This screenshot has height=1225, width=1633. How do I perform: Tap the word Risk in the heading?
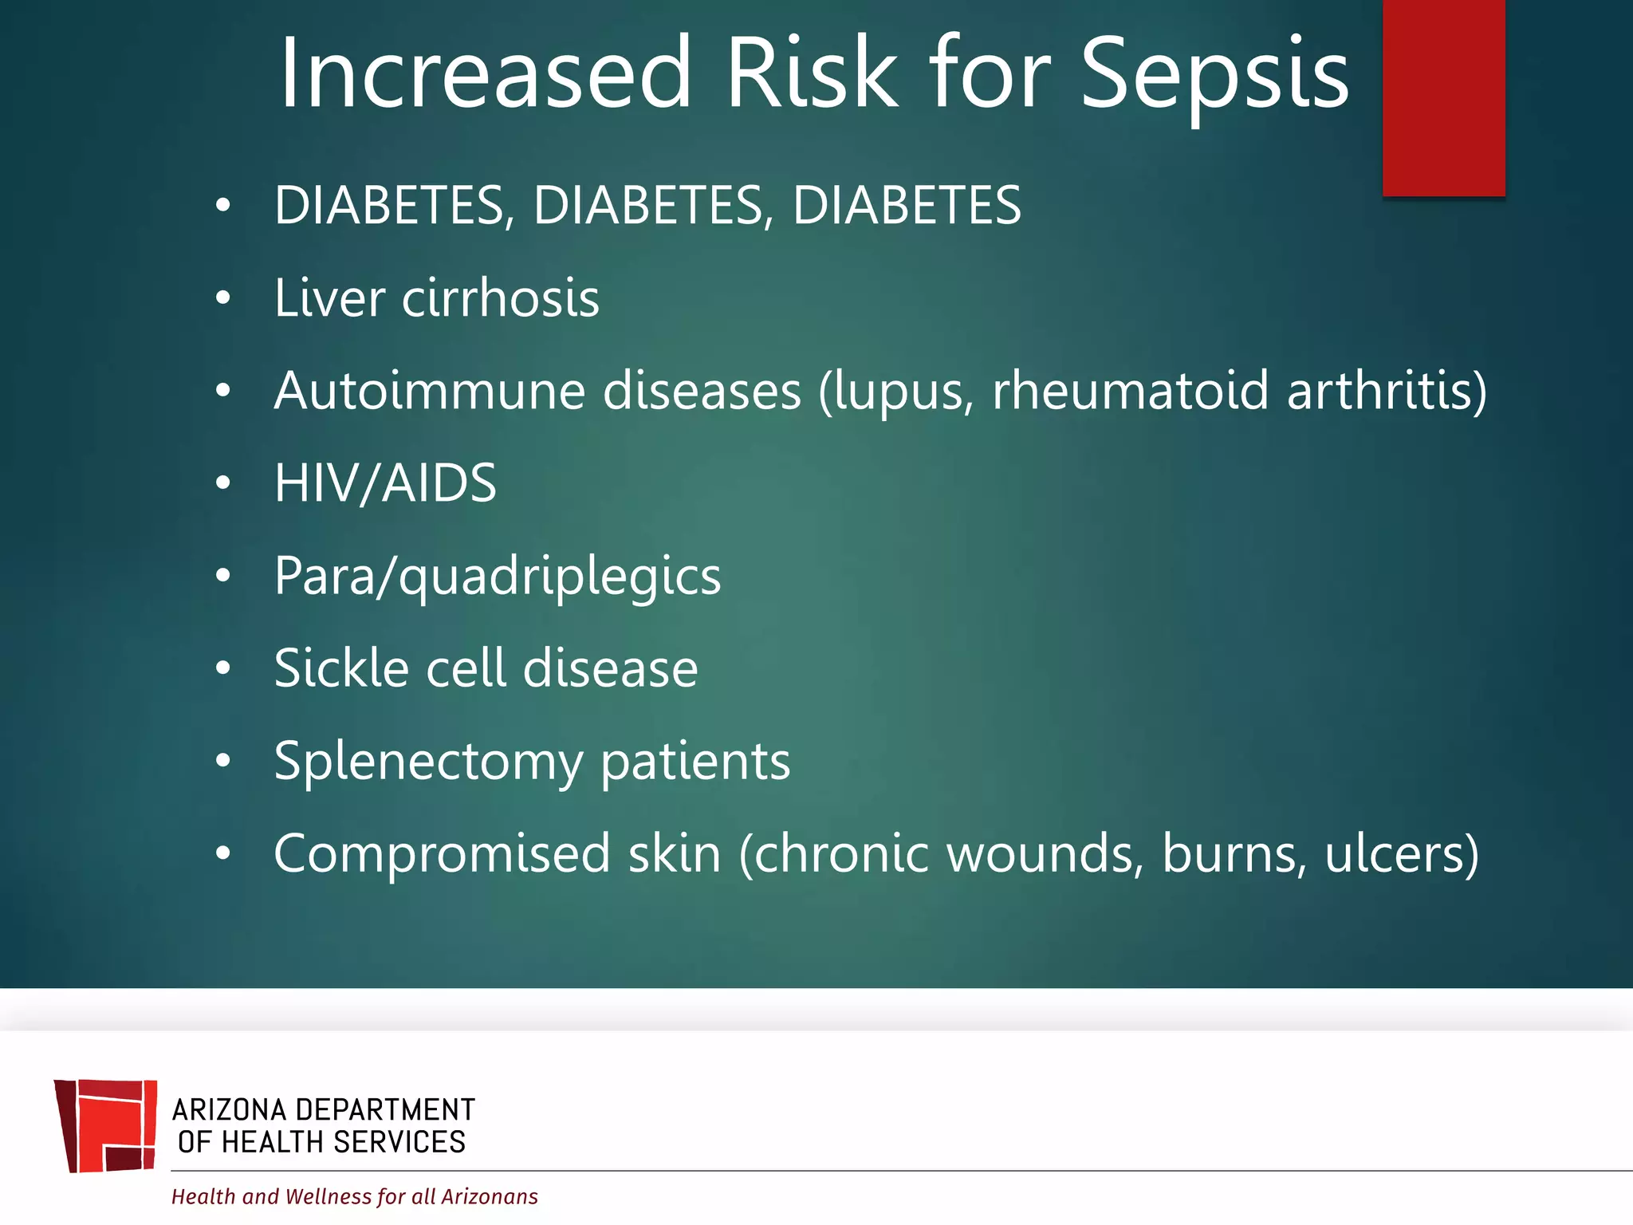point(812,73)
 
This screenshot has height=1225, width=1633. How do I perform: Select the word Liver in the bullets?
point(329,298)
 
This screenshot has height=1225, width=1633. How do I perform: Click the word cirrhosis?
point(500,298)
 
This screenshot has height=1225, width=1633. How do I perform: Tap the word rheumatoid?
point(1130,391)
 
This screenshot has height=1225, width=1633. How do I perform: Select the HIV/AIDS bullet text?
point(385,483)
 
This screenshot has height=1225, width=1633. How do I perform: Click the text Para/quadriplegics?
point(497,577)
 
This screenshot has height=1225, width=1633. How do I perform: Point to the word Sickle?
point(341,668)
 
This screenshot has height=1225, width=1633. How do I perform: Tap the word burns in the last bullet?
point(1233,854)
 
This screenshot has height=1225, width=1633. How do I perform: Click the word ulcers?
point(1400,854)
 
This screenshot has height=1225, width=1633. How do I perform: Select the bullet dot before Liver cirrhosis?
point(223,298)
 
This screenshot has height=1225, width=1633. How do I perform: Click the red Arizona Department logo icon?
point(106,1125)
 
